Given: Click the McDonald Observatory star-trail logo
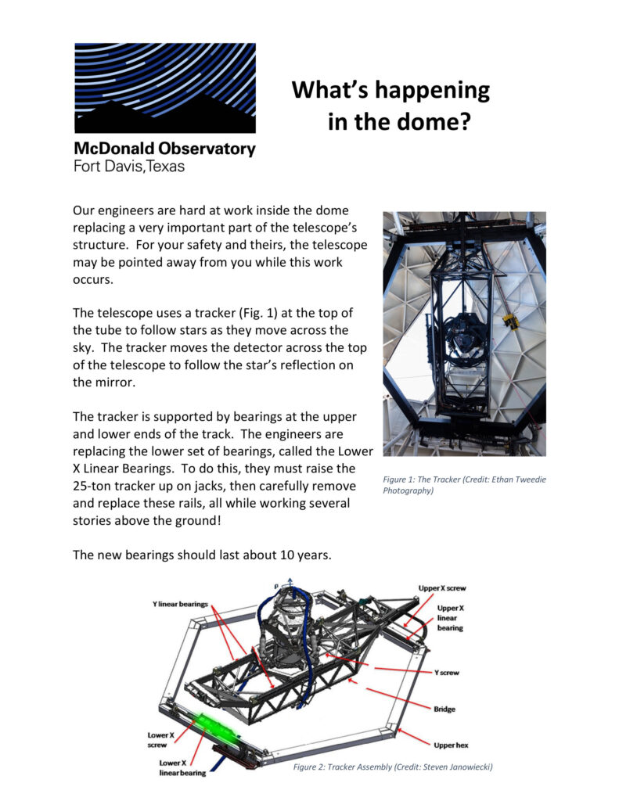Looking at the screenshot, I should (164, 88).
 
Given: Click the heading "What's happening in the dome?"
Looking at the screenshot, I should (390, 106).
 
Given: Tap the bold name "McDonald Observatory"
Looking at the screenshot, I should (164, 149).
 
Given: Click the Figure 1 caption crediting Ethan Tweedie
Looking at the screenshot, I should (464, 484).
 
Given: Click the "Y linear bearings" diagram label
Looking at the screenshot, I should (180, 605).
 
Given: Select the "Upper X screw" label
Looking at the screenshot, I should (441, 588).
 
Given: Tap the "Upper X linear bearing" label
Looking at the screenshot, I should (450, 617).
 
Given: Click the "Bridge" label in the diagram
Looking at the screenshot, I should (444, 709).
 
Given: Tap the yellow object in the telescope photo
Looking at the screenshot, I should (509, 320).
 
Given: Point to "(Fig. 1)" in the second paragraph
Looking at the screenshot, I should (239, 313).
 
